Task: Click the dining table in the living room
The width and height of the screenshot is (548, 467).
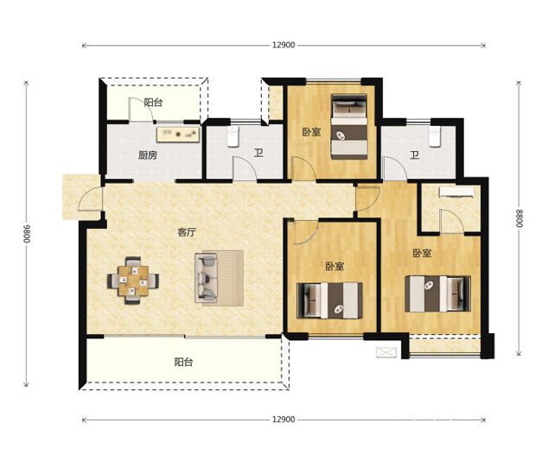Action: coord(133,281)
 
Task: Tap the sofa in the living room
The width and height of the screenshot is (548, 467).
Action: coord(207,278)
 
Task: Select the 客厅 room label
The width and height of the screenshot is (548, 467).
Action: coord(187,232)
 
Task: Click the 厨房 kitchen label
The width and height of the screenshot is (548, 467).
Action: coord(148,155)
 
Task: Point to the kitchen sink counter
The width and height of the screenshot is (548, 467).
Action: coord(178,135)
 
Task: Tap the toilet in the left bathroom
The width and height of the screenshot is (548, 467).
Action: coord(233,136)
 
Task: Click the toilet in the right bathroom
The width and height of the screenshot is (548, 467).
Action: coord(435,136)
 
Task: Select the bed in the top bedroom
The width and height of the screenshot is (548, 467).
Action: coord(349,126)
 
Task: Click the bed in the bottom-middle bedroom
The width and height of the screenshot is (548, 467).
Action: coord(329,300)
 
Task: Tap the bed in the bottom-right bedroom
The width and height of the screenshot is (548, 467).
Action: coord(438,293)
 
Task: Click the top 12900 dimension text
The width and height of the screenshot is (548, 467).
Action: coord(284,45)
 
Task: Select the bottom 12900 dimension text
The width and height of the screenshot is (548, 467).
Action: coord(284,420)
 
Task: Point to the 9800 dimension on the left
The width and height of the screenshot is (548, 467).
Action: coord(27,234)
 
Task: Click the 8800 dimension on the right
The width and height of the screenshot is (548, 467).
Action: coord(519,218)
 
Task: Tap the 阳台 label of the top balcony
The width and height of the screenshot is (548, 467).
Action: coord(154,103)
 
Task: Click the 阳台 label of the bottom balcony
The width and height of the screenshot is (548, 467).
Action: coord(184,363)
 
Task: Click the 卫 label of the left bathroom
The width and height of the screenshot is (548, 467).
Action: coord(258,154)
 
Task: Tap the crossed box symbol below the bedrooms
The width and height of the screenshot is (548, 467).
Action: coord(386,352)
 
